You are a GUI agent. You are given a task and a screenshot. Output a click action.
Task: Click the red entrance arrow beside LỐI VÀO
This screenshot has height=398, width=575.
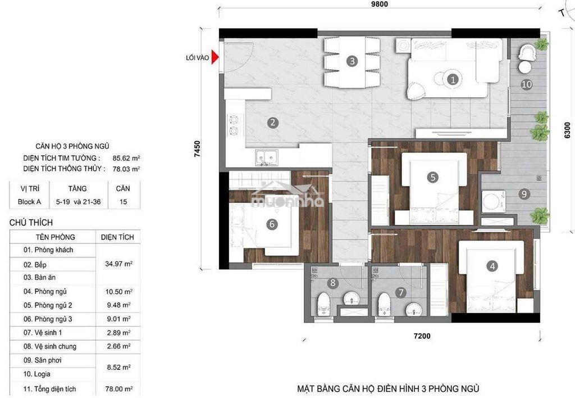[215, 58]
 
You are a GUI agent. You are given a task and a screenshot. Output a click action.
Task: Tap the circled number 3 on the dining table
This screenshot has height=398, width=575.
[352, 61]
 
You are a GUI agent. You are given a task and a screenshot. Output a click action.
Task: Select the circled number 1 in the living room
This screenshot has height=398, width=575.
[453, 79]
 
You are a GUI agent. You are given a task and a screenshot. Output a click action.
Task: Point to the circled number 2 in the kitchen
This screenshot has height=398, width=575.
[272, 123]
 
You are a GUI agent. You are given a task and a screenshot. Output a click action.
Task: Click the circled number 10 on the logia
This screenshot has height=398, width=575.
[527, 84]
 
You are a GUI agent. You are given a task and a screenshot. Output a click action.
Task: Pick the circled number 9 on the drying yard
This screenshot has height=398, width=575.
[524, 193]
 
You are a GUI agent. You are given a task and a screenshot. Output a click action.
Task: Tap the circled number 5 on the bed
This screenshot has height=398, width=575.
[433, 177]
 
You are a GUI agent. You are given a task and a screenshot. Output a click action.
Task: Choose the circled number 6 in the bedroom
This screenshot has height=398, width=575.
[272, 224]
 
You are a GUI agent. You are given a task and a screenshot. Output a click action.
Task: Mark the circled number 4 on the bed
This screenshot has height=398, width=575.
[492, 266]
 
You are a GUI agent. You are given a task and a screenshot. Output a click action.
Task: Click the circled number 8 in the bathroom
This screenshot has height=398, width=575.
[333, 283]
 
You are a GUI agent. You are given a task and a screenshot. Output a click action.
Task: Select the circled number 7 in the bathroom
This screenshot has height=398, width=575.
[401, 293]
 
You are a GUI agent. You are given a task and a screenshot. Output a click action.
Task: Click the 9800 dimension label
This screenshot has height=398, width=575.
[379, 4]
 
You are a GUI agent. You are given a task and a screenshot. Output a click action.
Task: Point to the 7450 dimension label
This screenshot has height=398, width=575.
[197, 149]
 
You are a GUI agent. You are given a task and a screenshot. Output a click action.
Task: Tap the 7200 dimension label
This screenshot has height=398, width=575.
[422, 336]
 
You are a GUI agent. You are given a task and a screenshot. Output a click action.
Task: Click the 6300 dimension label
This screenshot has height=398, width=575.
[567, 130]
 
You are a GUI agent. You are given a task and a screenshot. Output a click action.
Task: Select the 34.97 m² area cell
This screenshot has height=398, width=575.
[118, 264]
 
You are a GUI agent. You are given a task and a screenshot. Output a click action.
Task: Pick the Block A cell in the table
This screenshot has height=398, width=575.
[29, 202]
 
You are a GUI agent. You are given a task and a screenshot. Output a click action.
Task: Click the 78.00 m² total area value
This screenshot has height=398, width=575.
[118, 389]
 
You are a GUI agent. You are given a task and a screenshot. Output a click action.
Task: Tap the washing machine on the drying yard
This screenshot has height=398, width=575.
[493, 201]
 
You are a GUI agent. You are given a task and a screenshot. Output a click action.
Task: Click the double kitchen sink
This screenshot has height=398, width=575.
[267, 157]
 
